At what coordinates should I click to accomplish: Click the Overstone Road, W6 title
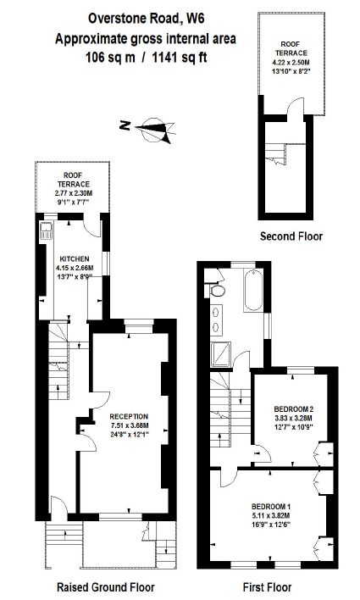tap(146, 18)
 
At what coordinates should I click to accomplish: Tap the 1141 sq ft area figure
tap(180, 58)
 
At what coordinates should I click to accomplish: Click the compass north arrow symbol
tap(155, 130)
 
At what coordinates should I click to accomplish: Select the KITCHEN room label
tap(75, 259)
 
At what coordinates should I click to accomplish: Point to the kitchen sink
tap(46, 231)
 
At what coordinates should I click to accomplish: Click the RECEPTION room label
tap(129, 416)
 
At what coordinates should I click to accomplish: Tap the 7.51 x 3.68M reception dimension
tap(130, 425)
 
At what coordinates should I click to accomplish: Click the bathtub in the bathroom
tap(253, 290)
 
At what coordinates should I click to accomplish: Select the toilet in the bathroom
tap(216, 291)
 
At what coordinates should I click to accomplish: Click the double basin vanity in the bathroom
tap(217, 319)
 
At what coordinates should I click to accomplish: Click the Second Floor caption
tap(291, 236)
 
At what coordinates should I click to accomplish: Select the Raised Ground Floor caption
tap(106, 587)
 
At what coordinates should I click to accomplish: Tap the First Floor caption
tap(267, 587)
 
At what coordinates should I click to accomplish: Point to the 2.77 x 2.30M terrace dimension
tap(74, 193)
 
